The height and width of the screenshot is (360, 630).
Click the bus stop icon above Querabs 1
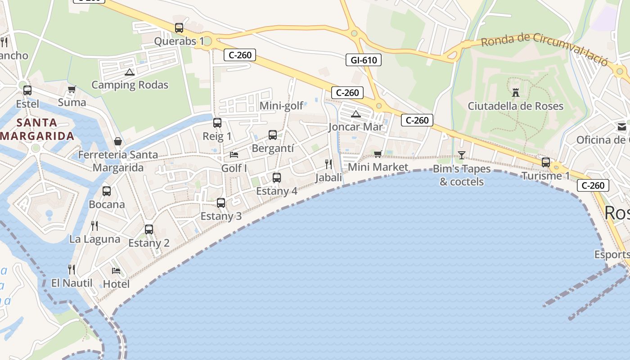pyautogui.click(x=179, y=28)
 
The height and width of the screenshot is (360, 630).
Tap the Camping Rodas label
pyautogui.click(x=130, y=85)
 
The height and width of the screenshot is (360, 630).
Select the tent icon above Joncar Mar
pyautogui.click(x=356, y=114)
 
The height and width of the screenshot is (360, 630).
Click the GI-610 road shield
pyautogui.click(x=363, y=60)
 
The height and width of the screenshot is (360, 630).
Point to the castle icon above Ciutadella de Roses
pyautogui.click(x=516, y=93)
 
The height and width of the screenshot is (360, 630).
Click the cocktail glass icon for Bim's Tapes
pyautogui.click(x=461, y=155)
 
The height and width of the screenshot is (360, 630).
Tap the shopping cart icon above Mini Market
pyautogui.click(x=378, y=154)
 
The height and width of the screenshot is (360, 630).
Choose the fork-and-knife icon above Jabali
pyautogui.click(x=328, y=164)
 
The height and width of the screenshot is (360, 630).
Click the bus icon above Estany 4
pyautogui.click(x=277, y=178)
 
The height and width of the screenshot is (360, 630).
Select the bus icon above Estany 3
pyautogui.click(x=221, y=203)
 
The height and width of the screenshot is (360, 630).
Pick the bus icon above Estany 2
pyautogui.click(x=149, y=229)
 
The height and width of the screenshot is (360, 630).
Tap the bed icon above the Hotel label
pyautogui.click(x=116, y=271)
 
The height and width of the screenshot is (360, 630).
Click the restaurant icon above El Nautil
pyautogui.click(x=72, y=270)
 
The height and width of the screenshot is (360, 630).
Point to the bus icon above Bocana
pyautogui.click(x=107, y=191)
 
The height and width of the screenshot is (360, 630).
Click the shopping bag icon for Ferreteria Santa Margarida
pyautogui.click(x=118, y=142)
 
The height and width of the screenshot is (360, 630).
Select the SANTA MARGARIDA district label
pyautogui.click(x=37, y=129)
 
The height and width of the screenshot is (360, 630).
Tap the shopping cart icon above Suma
pyautogui.click(x=72, y=90)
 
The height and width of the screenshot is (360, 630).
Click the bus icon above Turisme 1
pyautogui.click(x=546, y=162)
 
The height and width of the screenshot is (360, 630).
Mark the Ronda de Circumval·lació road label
pyautogui.click(x=544, y=49)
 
